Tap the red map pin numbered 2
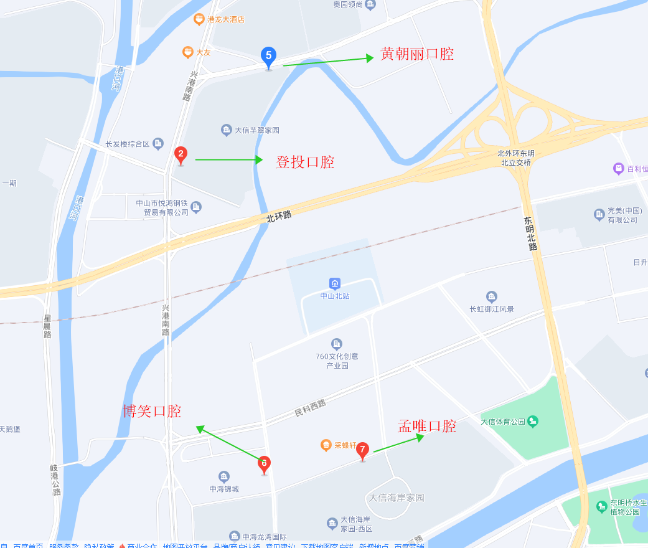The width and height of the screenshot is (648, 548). pyautogui.click(x=181, y=154)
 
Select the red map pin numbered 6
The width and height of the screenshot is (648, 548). pyautogui.click(x=264, y=463)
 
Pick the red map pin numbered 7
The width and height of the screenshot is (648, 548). pyautogui.click(x=362, y=450)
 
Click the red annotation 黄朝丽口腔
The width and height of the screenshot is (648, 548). pyautogui.click(x=417, y=54)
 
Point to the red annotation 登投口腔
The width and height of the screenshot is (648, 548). pyautogui.click(x=305, y=162)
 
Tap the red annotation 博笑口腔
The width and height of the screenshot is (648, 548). pyautogui.click(x=152, y=411)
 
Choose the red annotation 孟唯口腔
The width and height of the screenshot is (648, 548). pyautogui.click(x=427, y=426)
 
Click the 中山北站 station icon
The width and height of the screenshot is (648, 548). pyautogui.click(x=335, y=283)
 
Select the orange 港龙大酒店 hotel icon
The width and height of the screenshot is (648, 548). pyautogui.click(x=199, y=19)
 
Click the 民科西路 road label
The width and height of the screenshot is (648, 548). pyautogui.click(x=310, y=409)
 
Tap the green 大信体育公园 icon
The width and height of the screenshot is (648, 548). pyautogui.click(x=532, y=422)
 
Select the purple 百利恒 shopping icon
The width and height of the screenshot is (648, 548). pyautogui.click(x=618, y=168)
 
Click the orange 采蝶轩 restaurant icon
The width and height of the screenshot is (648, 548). pyautogui.click(x=326, y=445)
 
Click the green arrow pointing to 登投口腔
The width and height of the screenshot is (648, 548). pyautogui.click(x=229, y=159)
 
